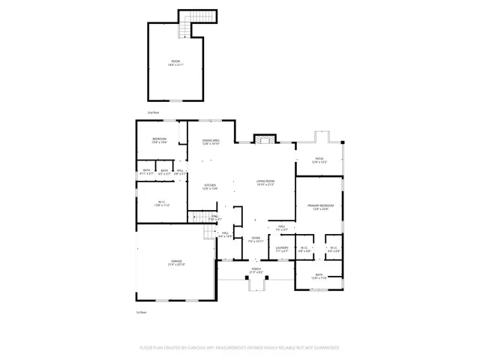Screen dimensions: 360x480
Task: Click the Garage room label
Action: [177, 263]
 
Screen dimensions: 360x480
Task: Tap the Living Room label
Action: [265, 182]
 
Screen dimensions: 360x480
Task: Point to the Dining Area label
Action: [211, 142]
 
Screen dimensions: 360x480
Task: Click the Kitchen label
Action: [211, 187]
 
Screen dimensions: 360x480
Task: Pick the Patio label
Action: [321, 160]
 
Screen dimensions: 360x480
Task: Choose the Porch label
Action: [256, 271]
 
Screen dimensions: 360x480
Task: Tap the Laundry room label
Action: [282, 249]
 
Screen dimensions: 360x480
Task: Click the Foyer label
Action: [256, 239]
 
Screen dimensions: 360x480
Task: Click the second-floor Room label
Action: [175, 63]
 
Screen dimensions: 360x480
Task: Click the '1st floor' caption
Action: [140, 311]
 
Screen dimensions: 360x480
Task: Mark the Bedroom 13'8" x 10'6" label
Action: [159, 140]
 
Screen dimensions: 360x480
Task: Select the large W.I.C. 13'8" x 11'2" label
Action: [161, 203]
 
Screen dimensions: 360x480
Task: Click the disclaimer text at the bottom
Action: [240, 348]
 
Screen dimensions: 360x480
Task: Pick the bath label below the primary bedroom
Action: [319, 276]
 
